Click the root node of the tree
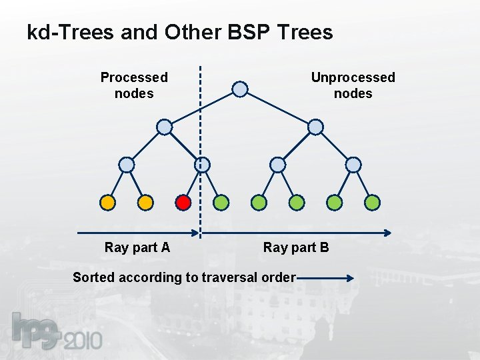click(x=240, y=89)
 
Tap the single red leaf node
click(x=183, y=202)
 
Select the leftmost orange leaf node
click(x=107, y=202)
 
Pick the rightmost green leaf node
click(x=373, y=202)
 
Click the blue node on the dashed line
click(x=202, y=165)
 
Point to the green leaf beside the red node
click(x=221, y=202)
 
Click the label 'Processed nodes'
click(x=134, y=85)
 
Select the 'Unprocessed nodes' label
click(x=353, y=85)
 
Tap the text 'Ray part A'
click(x=137, y=247)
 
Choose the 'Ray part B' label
click(x=296, y=247)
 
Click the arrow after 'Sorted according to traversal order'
click(x=325, y=277)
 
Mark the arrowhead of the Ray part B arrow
click(x=387, y=233)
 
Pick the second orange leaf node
click(x=145, y=202)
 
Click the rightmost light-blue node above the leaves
click(x=353, y=165)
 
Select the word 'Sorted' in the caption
click(x=93, y=277)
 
